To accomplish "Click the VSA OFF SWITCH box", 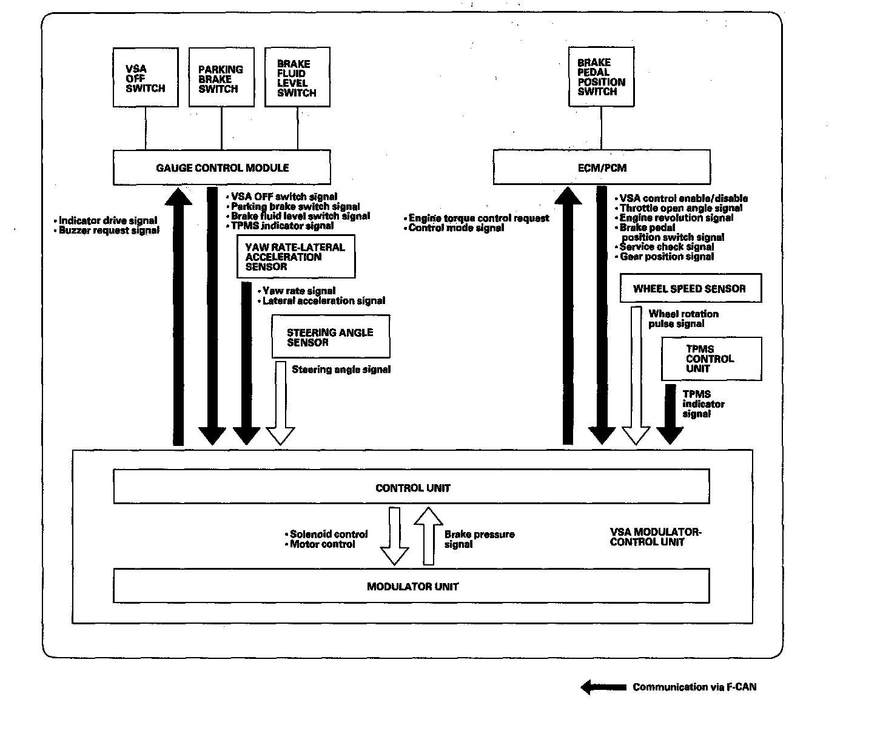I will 146,78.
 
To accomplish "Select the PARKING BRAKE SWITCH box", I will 221,78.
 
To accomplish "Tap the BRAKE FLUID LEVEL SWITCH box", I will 297,78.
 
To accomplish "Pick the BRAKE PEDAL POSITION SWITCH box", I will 601,77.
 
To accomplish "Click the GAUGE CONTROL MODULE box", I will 222,167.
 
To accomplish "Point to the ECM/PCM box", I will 602,167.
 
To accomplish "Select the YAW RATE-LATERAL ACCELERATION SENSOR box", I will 296,257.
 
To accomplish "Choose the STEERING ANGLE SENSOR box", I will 331,337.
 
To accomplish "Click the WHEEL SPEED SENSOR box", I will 690,288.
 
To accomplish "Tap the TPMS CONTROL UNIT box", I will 711,359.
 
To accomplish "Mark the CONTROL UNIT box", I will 412,487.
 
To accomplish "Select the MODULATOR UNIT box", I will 412,586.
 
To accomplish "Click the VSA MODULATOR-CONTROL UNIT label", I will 655,537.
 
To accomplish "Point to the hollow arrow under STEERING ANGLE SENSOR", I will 281,403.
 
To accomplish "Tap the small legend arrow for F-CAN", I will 603,687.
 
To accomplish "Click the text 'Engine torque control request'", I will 479,218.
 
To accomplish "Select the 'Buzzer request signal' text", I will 109,231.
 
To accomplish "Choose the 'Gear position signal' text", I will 666,257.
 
